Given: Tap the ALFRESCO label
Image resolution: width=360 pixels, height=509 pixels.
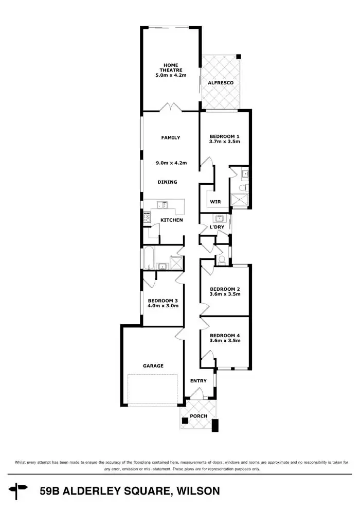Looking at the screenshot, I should [221, 83].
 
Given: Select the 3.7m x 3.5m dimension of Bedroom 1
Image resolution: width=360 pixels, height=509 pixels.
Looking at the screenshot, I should [225, 142].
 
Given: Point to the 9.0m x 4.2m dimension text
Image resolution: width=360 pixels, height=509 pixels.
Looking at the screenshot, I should [171, 163].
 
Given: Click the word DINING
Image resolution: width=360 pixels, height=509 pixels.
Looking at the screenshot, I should [167, 182].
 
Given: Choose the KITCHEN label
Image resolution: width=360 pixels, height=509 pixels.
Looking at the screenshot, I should [171, 220].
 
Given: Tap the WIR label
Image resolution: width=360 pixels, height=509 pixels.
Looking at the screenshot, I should [215, 202].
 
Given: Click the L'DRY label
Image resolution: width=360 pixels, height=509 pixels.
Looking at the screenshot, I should [216, 227].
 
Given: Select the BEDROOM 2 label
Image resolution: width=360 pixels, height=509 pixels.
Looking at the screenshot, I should [225, 289].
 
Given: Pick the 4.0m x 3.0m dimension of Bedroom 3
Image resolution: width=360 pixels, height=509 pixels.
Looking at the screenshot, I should [163, 306].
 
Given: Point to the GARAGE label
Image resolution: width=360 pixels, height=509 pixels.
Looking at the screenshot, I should [153, 366].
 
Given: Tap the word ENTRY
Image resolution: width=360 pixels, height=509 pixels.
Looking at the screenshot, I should [198, 381].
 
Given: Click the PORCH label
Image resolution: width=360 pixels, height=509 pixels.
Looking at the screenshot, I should [199, 416].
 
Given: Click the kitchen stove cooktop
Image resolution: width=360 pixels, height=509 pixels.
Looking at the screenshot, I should [147, 218].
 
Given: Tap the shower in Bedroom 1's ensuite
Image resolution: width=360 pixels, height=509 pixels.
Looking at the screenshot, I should [240, 199].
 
